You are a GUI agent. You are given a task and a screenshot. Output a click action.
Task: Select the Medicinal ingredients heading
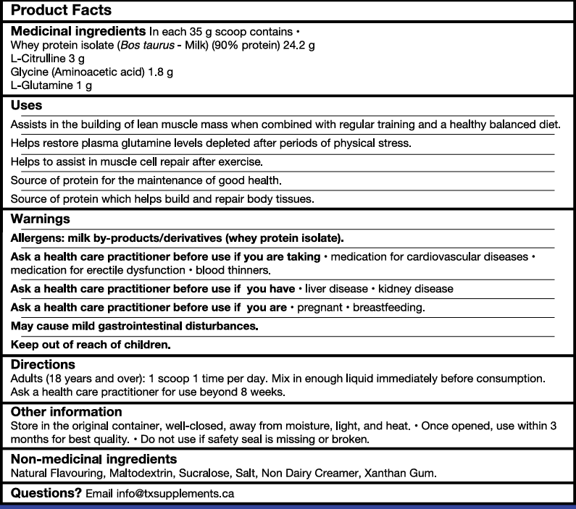pyautogui.click(x=78, y=33)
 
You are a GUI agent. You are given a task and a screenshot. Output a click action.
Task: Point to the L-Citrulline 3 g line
pyautogui.click(x=43, y=59)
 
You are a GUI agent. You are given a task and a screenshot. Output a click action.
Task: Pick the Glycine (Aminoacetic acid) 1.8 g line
pyautogui.click(x=91, y=72)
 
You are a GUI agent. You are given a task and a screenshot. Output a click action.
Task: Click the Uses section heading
pyautogui.click(x=27, y=106)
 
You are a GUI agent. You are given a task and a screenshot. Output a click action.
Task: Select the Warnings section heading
pyautogui.click(x=40, y=219)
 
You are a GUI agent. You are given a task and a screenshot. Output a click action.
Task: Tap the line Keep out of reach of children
pyautogui.click(x=91, y=345)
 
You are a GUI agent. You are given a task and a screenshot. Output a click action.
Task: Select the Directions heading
pyautogui.click(x=43, y=364)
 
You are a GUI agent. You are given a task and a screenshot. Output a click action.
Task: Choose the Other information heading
pyautogui.click(x=66, y=411)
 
